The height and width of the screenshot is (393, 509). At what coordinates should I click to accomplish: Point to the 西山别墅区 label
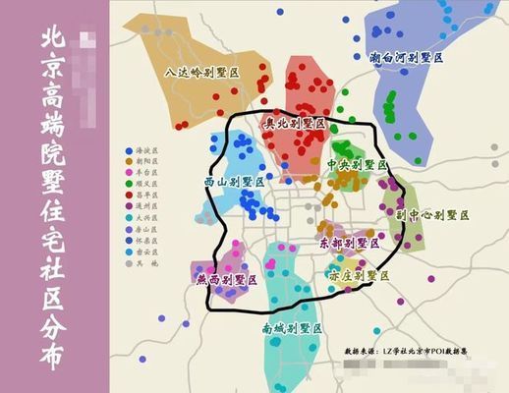234,183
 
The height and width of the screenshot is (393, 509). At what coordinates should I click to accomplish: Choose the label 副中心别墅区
432,214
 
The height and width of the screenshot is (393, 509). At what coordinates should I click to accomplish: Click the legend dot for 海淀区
130,151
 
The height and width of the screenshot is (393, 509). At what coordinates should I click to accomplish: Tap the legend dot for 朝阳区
130,161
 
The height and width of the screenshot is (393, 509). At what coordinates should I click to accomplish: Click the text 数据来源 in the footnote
363,350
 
